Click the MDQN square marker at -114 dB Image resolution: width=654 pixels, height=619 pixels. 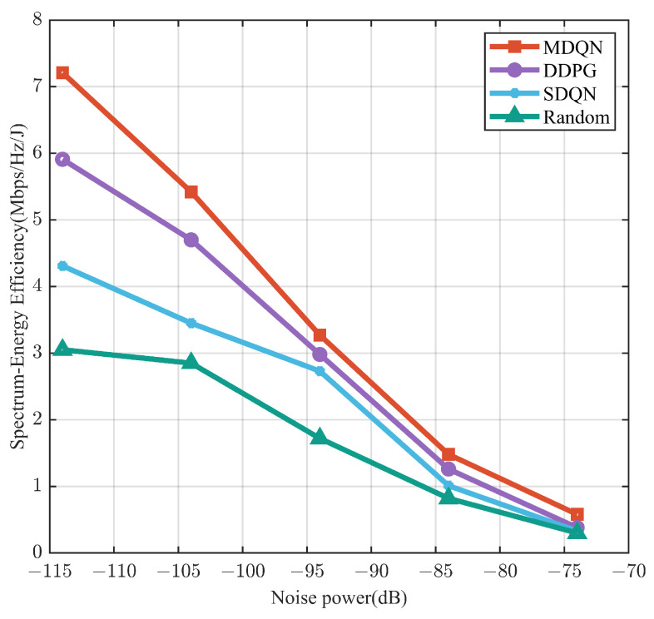[62, 73]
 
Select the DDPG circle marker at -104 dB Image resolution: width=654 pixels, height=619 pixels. [191, 240]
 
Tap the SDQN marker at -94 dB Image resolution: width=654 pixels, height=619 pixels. [320, 371]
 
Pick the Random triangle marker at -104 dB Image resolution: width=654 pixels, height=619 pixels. [191, 362]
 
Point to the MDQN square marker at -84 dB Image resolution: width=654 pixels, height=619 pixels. [448, 454]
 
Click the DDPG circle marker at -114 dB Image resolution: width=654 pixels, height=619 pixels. [62, 159]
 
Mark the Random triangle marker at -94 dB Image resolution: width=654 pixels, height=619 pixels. [320, 437]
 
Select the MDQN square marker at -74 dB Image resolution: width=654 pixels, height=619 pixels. [577, 514]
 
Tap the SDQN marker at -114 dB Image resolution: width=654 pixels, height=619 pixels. [62, 266]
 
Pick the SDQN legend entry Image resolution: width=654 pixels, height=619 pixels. [550, 93]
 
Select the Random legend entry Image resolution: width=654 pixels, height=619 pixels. [550, 117]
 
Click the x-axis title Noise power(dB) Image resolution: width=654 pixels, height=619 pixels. [339, 598]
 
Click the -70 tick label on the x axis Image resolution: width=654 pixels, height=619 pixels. [627, 572]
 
